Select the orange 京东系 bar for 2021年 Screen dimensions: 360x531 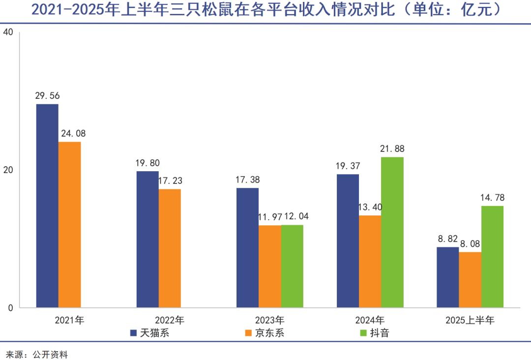(69, 225)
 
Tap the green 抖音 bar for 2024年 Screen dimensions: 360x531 (392, 232)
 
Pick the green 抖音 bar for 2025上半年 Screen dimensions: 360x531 (492, 257)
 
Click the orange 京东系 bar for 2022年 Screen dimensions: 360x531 (170, 248)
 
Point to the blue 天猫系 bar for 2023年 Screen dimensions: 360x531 (247, 248)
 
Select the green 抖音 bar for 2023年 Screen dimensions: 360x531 (292, 266)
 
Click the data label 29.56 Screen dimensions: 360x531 (47, 96)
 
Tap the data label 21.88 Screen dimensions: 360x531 (392, 149)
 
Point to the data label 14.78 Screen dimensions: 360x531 (492, 198)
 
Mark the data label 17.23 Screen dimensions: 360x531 (170, 181)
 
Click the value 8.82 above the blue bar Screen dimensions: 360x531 (447, 239)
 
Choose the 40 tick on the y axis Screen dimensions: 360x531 (7, 32)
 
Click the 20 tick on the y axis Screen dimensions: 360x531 (7, 170)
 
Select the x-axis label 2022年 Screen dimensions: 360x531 (169, 321)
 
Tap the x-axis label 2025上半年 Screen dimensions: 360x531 (470, 321)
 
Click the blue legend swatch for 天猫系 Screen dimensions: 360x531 (133, 333)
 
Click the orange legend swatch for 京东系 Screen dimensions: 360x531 (247, 333)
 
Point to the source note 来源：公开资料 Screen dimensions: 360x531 (36, 354)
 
